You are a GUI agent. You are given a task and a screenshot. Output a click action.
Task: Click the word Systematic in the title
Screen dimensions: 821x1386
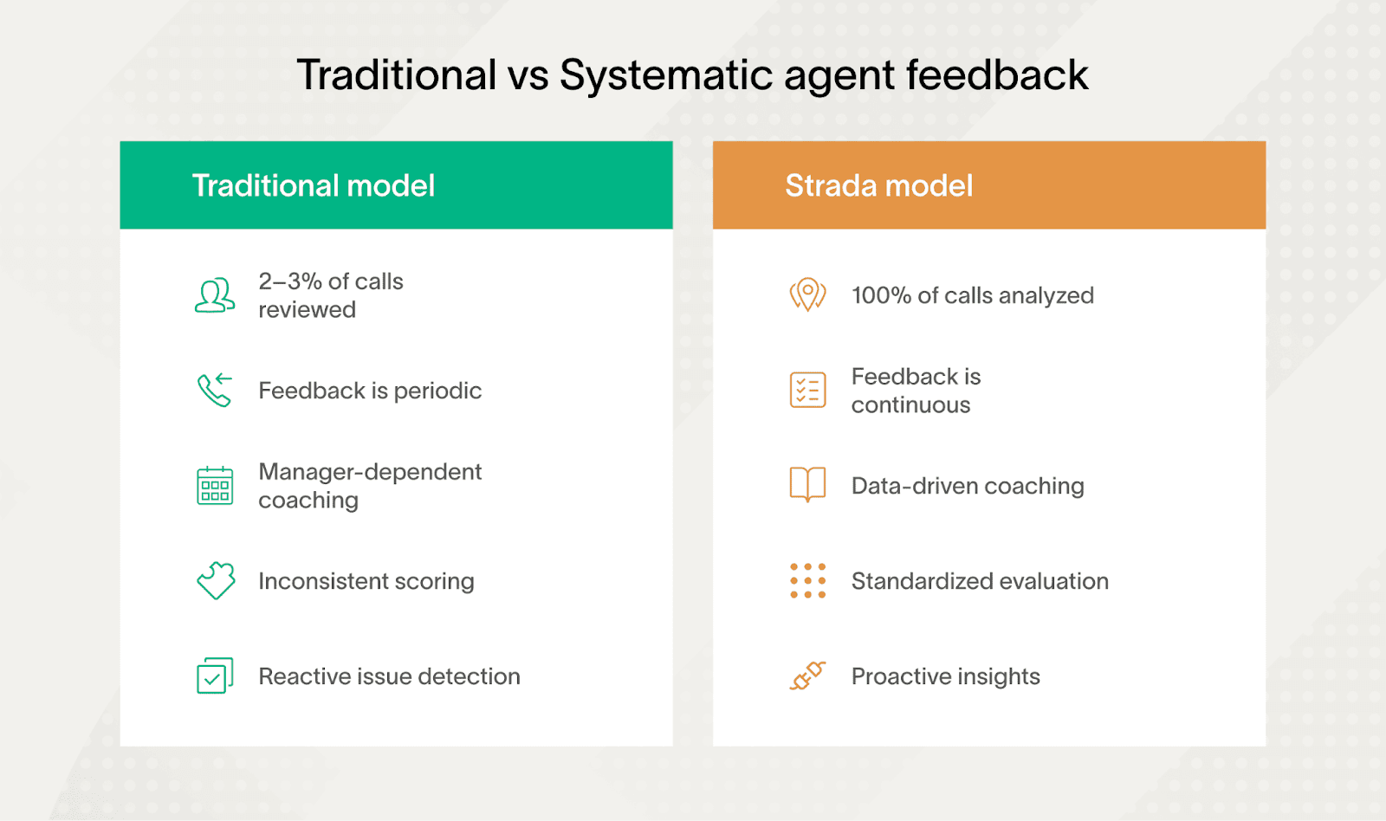tap(666, 76)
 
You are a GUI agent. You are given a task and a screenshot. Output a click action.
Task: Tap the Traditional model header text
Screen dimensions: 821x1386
tap(313, 185)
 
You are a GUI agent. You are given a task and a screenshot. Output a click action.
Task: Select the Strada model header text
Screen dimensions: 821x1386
tap(878, 185)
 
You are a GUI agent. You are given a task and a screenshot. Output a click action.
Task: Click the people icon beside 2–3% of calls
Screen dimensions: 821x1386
tap(214, 295)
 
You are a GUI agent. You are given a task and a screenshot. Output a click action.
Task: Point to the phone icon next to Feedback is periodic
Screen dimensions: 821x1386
tap(214, 390)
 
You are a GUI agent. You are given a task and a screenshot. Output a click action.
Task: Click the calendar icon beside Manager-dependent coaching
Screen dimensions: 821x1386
tap(214, 485)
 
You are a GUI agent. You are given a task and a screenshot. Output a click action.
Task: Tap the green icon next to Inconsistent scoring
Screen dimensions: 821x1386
tap(216, 580)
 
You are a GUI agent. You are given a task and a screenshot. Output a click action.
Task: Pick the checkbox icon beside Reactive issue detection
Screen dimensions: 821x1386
tap(214, 676)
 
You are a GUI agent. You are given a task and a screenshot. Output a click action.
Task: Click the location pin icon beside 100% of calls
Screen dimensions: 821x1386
tap(807, 294)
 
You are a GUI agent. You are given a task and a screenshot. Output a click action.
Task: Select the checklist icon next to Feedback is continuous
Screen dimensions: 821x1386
tap(807, 390)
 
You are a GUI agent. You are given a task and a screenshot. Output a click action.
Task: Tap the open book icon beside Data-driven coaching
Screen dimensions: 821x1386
tap(807, 484)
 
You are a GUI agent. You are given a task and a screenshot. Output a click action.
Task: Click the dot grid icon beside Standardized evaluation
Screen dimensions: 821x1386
tap(807, 580)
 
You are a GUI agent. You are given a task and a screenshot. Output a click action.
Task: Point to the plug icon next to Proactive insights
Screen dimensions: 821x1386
tap(807, 676)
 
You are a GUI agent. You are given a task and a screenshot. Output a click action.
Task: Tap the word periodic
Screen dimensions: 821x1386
tap(437, 391)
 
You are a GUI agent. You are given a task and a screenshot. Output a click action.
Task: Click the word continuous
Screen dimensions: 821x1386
tap(910, 405)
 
